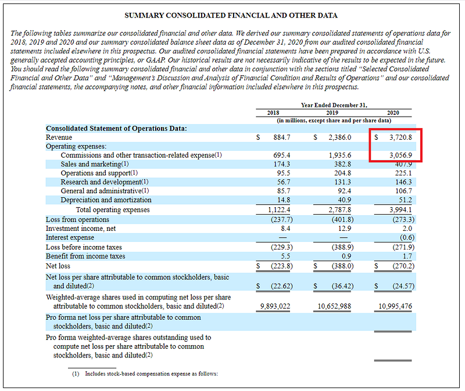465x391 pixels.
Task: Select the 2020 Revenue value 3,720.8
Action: (400, 137)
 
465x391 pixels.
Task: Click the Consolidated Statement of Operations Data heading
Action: (116, 128)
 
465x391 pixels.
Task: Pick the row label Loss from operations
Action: (77, 219)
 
